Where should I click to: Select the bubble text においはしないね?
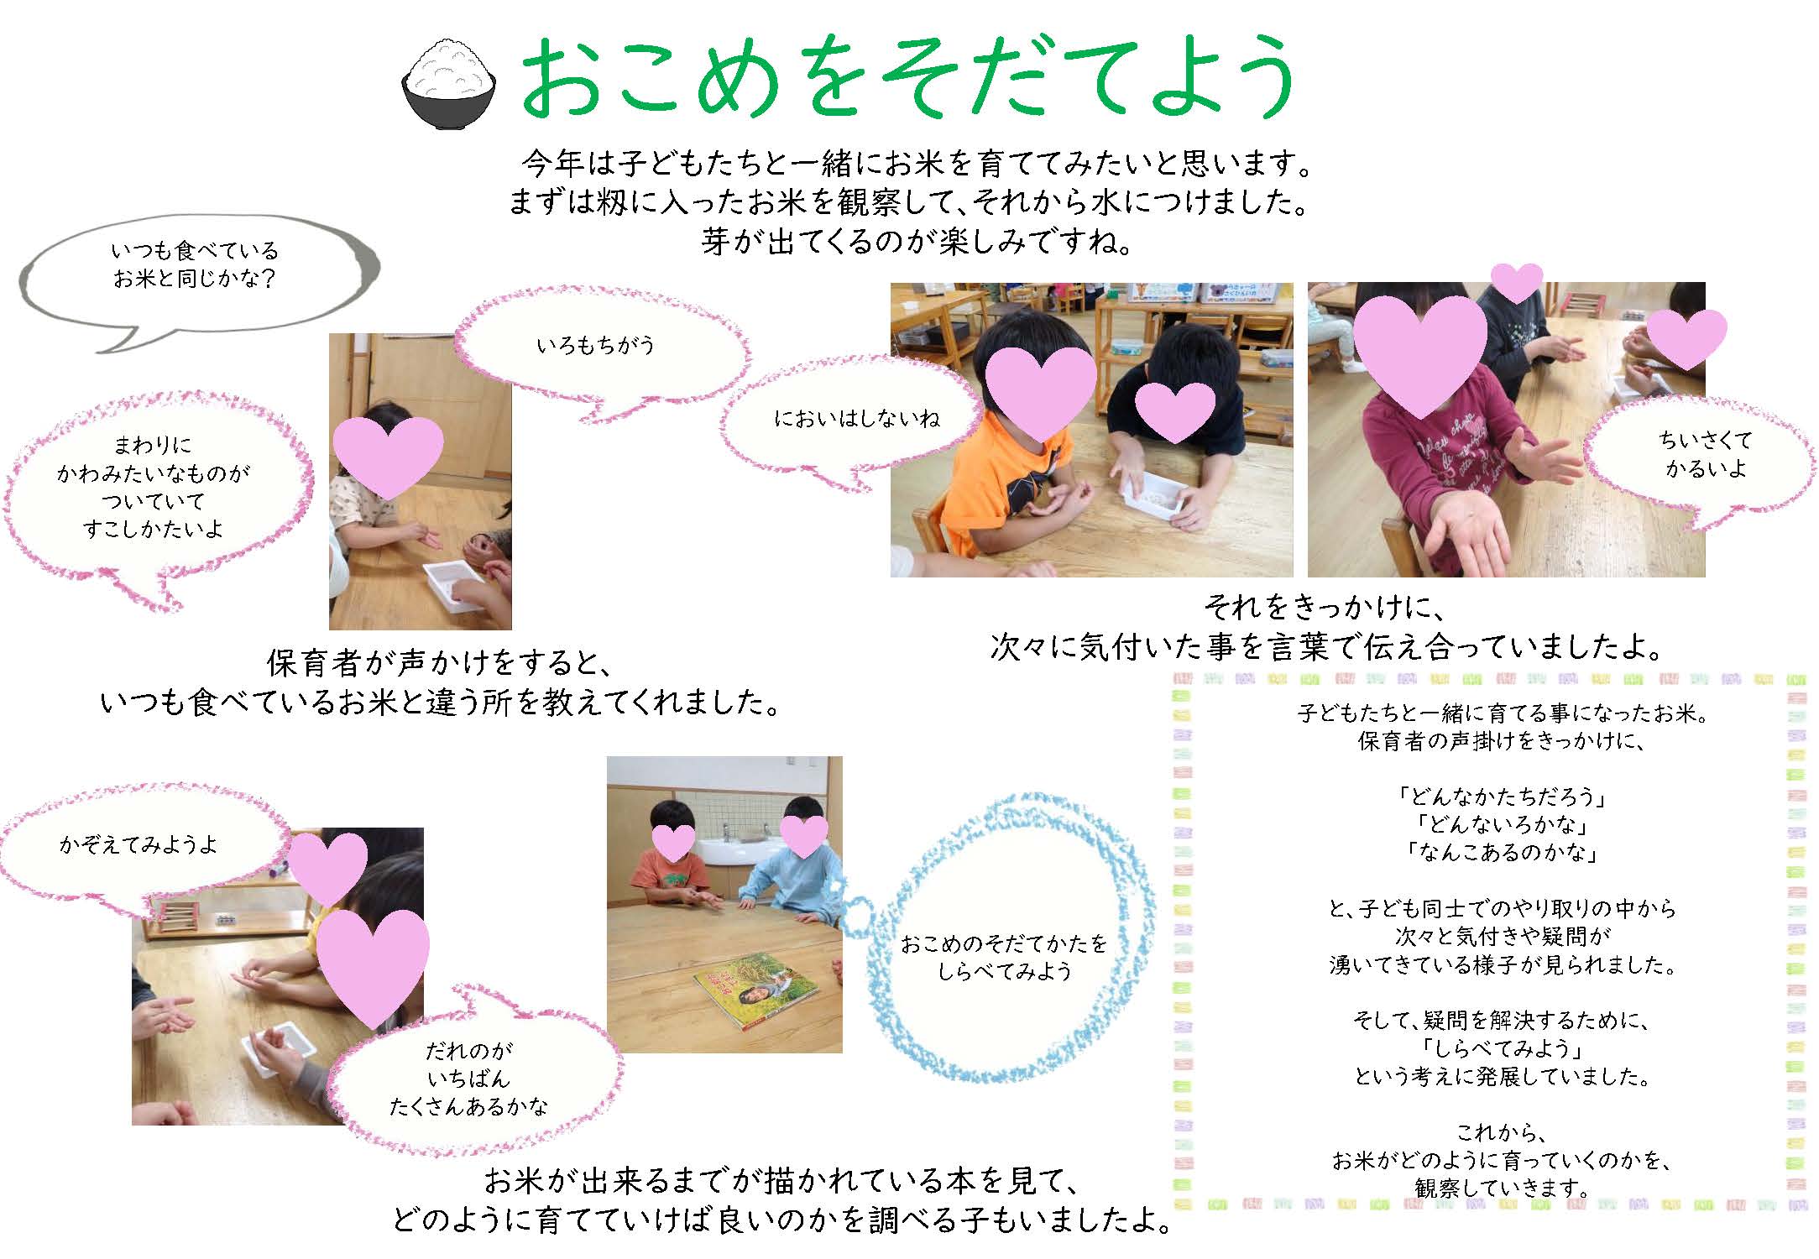point(857,418)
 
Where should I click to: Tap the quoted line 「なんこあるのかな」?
point(1501,853)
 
